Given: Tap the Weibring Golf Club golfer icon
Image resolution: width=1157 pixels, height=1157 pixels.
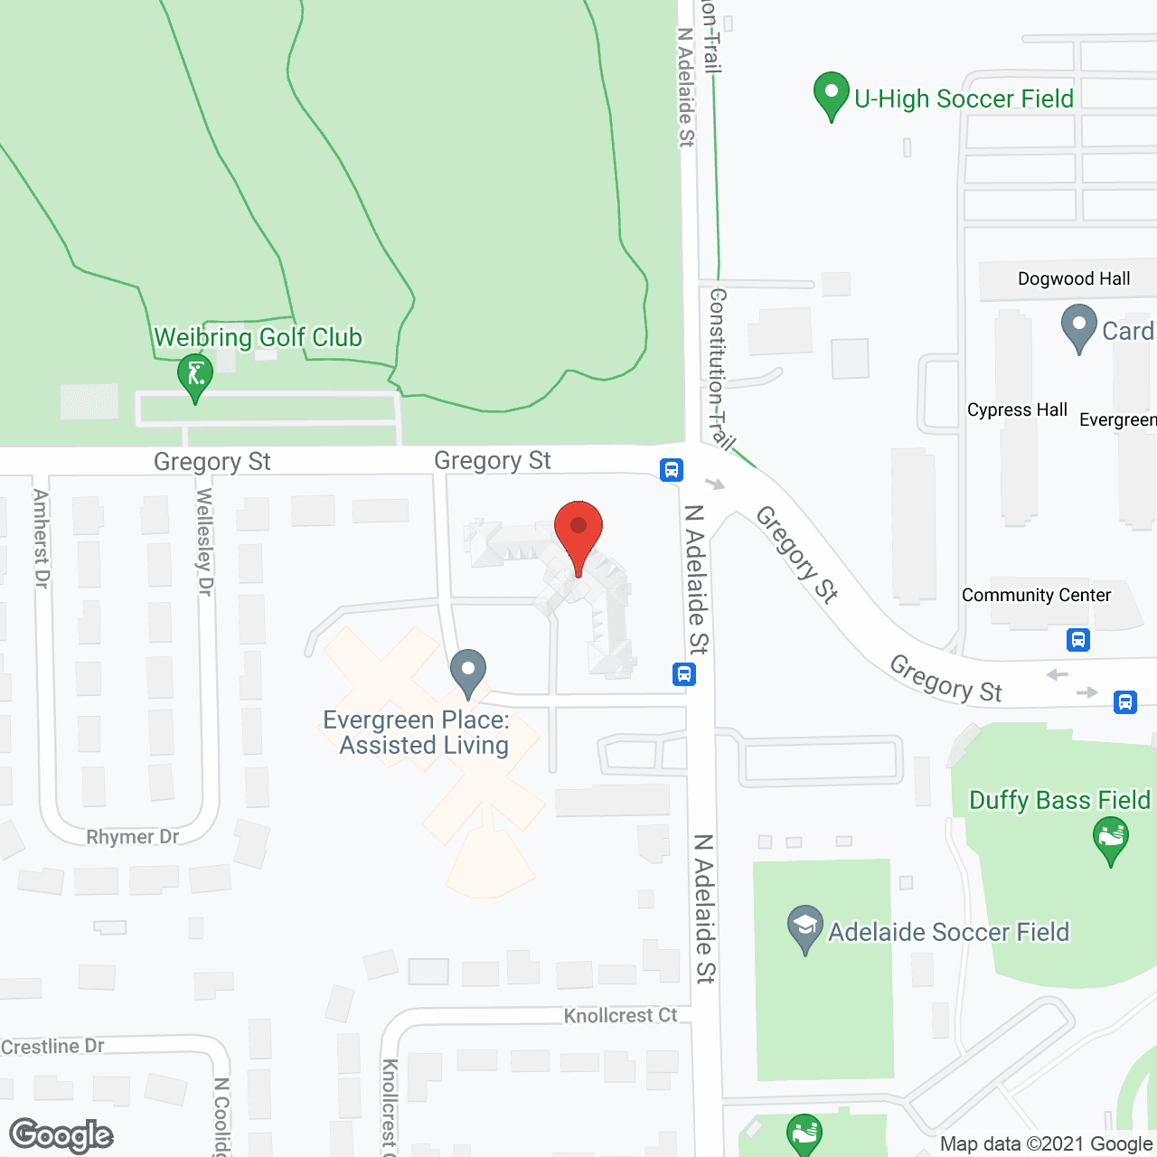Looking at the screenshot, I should point(195,376).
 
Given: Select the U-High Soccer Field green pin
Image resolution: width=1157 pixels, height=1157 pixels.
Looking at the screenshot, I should point(832,94).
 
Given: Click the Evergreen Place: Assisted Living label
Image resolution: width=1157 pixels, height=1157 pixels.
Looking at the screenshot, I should point(417,733).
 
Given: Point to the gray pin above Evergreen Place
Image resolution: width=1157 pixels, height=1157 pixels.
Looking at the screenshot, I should point(468,673).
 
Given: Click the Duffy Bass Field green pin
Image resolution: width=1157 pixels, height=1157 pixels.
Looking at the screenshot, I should point(1111,840).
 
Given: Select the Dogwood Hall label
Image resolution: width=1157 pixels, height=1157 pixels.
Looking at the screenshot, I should point(1074,278).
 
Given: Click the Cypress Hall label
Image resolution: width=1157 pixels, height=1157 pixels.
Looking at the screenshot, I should point(1017,409).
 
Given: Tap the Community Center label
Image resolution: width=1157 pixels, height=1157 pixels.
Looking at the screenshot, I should point(1036,595).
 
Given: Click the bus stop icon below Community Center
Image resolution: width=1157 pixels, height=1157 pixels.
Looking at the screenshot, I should point(1077,640).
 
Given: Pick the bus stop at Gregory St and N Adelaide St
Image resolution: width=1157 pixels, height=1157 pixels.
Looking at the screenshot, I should point(671,470).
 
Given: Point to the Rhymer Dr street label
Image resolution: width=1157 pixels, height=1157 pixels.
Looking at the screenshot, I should point(133,837).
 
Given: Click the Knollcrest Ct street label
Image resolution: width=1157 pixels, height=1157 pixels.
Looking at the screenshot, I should point(620,1016).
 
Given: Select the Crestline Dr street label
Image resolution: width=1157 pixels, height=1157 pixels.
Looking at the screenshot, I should point(52,1047).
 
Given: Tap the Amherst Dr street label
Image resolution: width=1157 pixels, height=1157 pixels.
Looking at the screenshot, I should point(41,539).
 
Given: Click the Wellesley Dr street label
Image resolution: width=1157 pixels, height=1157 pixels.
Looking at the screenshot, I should point(205,541).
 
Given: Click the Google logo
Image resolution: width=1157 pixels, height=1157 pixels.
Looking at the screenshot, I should point(61,1136).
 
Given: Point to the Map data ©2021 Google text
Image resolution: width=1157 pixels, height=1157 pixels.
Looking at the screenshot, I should point(1047,1144).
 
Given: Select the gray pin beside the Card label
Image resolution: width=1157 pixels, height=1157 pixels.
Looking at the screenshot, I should point(1078,327).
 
